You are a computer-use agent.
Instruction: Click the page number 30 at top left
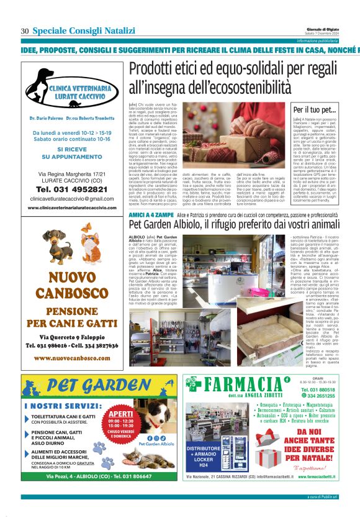coord(25,31)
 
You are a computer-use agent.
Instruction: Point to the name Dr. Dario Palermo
coord(47,117)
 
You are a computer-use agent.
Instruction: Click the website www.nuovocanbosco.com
coord(69,375)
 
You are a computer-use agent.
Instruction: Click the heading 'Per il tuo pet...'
coord(313,110)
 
